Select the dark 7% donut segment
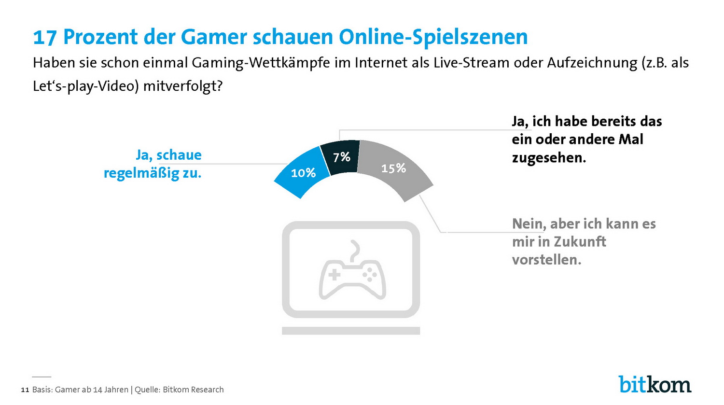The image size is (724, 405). pos(341,156)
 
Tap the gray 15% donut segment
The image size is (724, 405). pos(394,168)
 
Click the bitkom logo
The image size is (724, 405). pos(654,384)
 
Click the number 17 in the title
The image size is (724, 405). pos(45,37)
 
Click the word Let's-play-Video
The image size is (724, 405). pos(85,86)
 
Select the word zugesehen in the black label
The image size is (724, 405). pos(548,157)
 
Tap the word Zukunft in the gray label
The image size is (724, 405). pos(579,241)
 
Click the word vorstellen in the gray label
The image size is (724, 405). pos(546,260)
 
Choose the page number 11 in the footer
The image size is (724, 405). pos(25,390)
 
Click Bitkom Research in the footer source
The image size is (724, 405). pos(193,390)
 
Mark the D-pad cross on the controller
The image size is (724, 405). pos(334,275)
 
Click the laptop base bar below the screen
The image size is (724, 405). pos(351,331)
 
